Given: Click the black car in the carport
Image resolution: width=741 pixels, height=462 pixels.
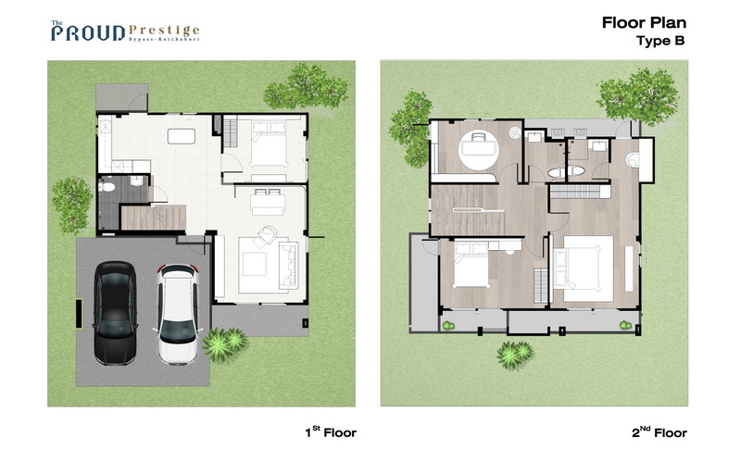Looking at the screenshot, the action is (115, 313).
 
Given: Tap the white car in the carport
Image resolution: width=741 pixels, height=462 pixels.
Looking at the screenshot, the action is (178, 315).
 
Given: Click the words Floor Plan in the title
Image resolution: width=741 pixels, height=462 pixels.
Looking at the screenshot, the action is (644, 22).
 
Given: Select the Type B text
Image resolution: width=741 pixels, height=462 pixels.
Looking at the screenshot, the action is (660, 41).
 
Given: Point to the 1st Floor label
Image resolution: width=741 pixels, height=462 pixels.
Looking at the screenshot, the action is (331, 432).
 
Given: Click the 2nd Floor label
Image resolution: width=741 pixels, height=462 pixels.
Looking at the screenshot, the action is (659, 432).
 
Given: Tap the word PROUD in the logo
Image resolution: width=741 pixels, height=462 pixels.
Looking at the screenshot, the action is (88, 33).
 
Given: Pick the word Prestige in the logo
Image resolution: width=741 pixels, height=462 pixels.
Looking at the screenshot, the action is (164, 31).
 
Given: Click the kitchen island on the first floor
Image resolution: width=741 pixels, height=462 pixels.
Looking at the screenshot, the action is (182, 136).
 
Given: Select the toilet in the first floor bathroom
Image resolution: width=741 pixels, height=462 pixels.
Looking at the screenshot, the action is (107, 187).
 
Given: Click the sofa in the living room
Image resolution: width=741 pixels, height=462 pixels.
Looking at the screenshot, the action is (288, 265).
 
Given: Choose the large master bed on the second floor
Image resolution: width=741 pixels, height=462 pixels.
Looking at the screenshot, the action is (584, 268).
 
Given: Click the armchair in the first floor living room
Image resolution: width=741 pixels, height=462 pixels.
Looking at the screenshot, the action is (266, 235).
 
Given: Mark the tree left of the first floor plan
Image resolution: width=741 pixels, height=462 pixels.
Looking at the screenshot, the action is (72, 205).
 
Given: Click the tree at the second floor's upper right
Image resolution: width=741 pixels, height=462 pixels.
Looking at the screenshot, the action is (638, 96).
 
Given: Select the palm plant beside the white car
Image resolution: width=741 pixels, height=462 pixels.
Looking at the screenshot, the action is (224, 343).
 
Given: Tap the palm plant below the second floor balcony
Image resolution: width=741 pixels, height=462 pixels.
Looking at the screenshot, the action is (515, 354).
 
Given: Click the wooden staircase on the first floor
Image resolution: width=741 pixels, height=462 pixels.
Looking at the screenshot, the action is (153, 218).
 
